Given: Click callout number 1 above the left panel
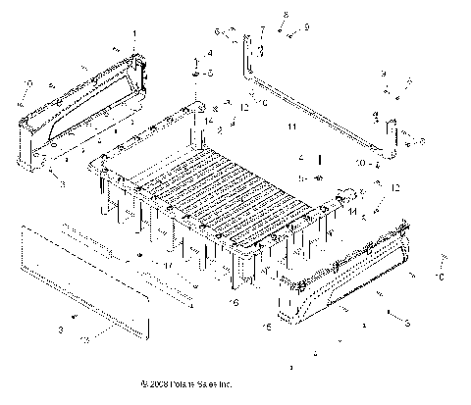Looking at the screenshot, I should (134, 34).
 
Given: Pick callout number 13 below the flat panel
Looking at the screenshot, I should (83, 338).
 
